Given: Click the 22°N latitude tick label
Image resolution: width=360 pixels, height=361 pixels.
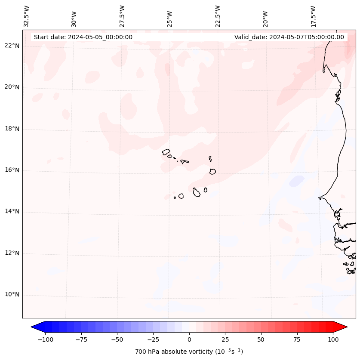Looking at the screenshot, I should [12, 46].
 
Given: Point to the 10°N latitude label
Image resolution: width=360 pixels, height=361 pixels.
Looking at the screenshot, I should [12, 295].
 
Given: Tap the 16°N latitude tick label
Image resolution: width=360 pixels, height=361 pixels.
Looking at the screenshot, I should [12, 170].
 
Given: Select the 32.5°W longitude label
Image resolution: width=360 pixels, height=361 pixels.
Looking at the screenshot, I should [27, 16].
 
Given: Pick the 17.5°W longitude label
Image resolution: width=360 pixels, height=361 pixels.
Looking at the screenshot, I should [313, 16].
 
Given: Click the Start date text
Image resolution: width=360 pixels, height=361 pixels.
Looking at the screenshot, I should [83, 37].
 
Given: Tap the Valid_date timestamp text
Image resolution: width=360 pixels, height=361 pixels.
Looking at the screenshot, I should [289, 37].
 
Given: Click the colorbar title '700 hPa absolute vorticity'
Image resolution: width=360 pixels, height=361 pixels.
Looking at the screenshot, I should [189, 352].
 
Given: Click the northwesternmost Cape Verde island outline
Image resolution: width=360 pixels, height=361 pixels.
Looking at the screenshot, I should [166, 152].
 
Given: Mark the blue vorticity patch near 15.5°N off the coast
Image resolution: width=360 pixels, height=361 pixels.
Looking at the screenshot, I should [297, 181].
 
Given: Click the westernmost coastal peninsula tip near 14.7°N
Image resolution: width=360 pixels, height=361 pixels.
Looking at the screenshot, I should [319, 198].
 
